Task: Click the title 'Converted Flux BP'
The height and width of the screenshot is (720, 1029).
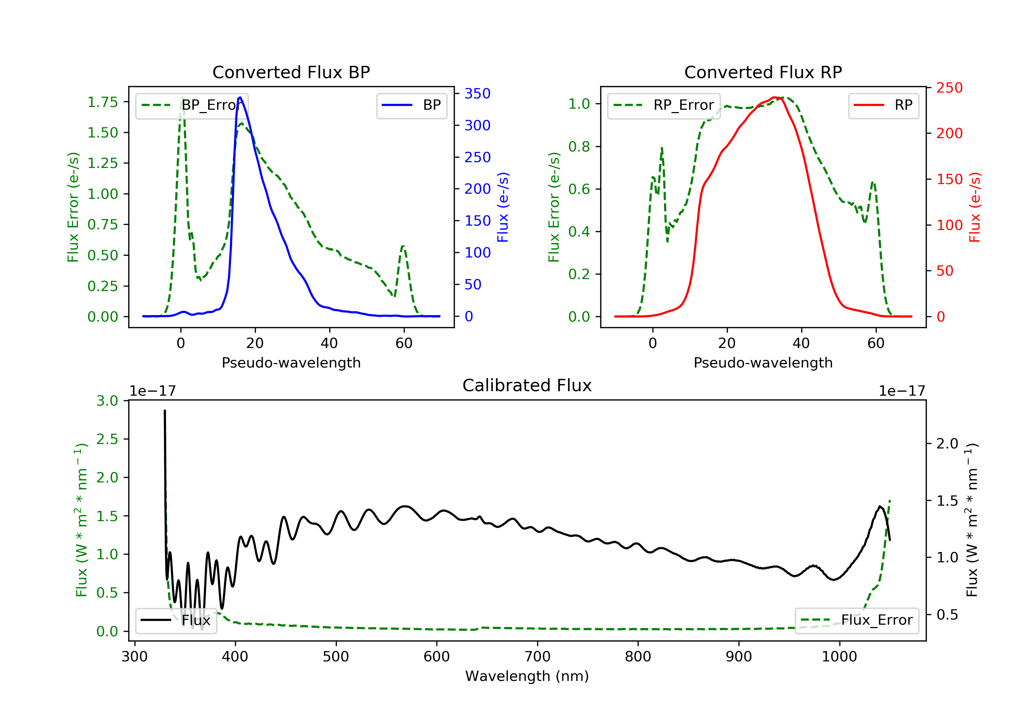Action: tap(291, 72)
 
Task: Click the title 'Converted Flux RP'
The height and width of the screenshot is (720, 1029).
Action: tap(763, 72)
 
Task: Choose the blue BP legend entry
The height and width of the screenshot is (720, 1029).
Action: tap(411, 105)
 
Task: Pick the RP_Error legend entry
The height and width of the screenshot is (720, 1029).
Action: tap(664, 105)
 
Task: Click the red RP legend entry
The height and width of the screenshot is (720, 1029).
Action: tap(883, 105)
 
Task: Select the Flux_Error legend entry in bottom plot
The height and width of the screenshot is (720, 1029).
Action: tap(856, 620)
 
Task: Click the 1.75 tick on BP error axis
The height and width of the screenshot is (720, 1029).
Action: tap(103, 102)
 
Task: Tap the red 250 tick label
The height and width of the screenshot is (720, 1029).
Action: tap(949, 88)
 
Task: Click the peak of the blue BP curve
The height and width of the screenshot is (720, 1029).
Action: tap(240, 97)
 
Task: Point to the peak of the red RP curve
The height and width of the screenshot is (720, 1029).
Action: tap(774, 97)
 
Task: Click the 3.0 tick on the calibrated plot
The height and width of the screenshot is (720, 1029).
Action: tap(107, 400)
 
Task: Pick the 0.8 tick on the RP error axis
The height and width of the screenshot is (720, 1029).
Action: tap(579, 146)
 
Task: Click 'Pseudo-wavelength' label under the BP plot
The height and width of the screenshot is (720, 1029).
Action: tap(291, 362)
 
